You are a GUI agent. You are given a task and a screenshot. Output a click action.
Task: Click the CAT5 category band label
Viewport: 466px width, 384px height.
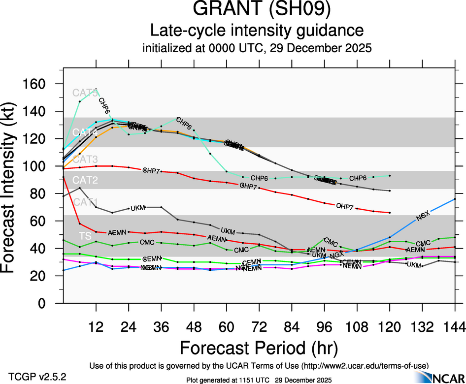(x=85, y=93)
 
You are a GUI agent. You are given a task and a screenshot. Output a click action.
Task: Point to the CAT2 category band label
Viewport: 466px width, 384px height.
(x=85, y=181)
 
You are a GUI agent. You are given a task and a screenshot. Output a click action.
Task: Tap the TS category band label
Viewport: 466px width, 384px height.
(x=85, y=236)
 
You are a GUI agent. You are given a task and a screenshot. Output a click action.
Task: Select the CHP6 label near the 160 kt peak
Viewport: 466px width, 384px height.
(x=104, y=105)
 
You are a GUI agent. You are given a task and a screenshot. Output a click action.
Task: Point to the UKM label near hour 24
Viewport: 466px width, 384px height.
(x=138, y=208)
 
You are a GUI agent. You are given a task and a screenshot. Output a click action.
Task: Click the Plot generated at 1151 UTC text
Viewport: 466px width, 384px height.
(x=259, y=380)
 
